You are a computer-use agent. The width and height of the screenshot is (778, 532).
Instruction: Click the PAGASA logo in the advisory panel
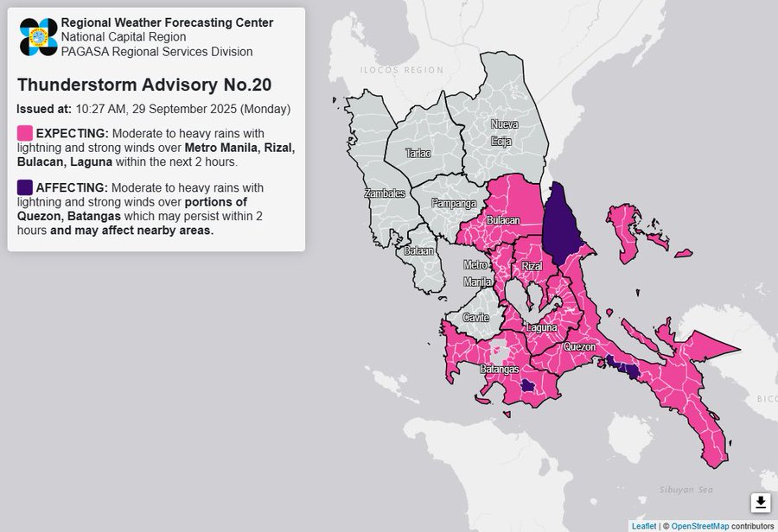pos(38,36)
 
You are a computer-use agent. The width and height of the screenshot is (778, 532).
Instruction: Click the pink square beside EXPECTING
pos(25,133)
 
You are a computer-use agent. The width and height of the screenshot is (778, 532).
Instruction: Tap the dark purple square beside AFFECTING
pos(25,187)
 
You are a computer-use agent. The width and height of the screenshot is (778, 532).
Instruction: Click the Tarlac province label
pos(418,153)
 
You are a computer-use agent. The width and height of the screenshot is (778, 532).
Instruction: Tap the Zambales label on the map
pos(385,193)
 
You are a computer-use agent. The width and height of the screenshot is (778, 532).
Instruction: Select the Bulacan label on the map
pos(502,221)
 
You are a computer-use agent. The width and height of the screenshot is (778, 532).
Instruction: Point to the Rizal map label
pos(532,267)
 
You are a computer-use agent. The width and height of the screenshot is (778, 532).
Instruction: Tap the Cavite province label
pos(475,318)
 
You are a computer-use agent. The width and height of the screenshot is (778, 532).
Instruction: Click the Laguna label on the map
pos(541,328)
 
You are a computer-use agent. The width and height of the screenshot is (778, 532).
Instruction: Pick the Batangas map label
pos(499,369)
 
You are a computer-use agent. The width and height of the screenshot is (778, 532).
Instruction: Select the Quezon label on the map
pos(579,347)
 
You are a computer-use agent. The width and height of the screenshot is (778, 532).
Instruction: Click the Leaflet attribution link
pos(643,525)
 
